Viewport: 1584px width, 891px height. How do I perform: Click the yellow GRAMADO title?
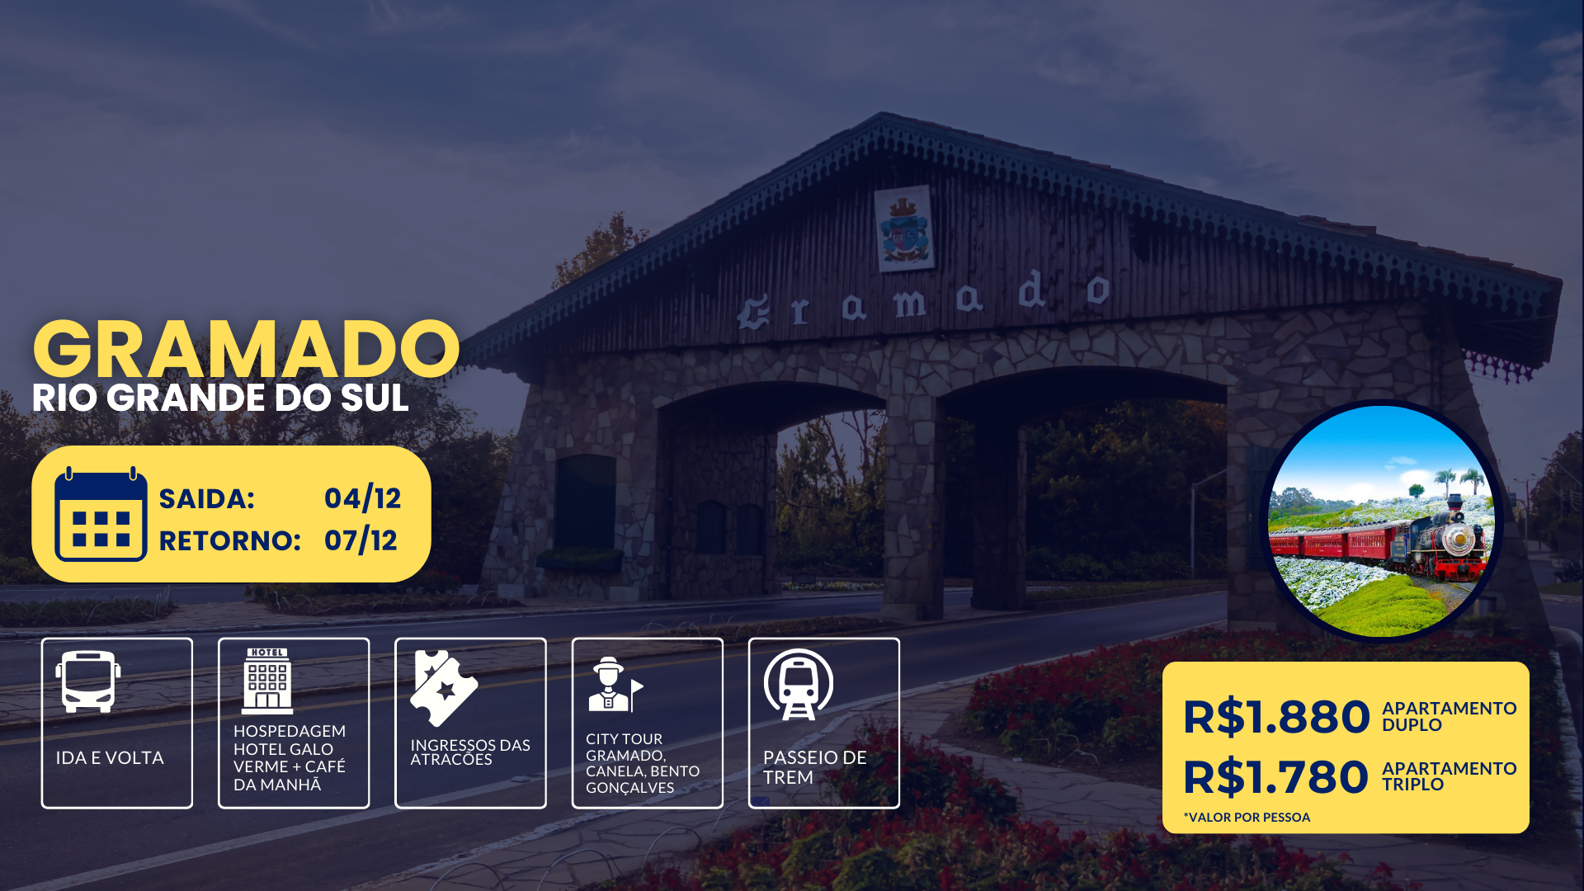246,349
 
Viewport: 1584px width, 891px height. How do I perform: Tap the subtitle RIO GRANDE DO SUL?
220,398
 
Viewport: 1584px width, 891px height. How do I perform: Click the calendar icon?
101,514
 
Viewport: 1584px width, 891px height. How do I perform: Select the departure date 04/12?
362,498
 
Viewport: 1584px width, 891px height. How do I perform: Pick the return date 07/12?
361,540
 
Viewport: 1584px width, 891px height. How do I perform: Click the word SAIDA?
207,499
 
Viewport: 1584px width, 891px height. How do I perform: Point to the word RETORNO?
230,541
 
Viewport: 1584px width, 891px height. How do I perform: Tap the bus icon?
88,681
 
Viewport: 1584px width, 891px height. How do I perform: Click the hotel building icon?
267,681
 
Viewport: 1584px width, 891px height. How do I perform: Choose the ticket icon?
444,688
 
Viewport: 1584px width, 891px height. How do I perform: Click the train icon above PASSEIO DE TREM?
798,684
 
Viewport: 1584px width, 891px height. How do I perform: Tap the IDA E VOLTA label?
110,757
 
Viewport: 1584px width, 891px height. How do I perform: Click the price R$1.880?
1276,717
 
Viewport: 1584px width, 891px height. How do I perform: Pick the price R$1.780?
1276,777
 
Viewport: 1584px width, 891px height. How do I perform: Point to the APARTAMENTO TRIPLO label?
1449,776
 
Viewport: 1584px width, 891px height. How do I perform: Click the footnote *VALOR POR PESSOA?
1247,817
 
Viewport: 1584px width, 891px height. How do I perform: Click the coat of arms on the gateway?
905,229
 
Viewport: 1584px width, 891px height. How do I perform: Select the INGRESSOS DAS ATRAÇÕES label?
470,752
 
